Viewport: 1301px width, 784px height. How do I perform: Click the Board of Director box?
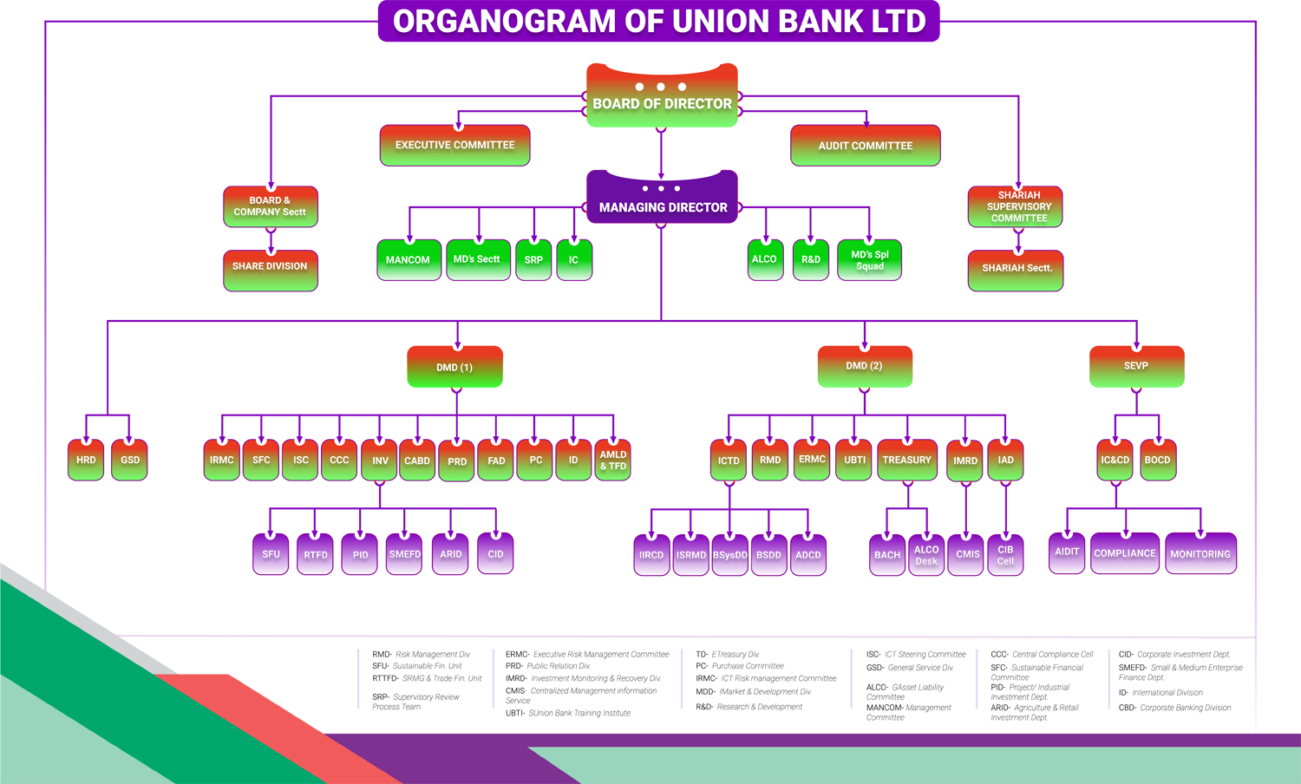(662, 104)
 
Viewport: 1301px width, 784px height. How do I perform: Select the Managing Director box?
(663, 207)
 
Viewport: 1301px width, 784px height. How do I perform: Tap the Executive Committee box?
(454, 145)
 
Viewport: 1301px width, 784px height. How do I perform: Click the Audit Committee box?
(865, 146)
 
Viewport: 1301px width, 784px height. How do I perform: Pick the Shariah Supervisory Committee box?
(1016, 207)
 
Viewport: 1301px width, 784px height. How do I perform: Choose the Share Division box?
(270, 266)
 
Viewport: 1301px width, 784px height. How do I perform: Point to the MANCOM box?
(408, 259)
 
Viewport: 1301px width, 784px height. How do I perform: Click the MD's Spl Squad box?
(869, 260)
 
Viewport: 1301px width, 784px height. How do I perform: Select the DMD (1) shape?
(454, 368)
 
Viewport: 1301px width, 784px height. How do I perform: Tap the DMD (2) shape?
(864, 366)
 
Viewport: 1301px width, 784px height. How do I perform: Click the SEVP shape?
(1135, 366)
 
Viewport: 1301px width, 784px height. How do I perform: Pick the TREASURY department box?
(906, 460)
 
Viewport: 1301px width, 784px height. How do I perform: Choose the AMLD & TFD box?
(613, 461)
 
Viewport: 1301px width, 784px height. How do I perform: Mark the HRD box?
(86, 460)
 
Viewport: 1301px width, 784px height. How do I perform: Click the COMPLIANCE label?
(1124, 553)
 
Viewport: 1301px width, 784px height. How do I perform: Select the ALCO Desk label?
(926, 555)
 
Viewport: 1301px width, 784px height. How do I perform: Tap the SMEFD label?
(405, 554)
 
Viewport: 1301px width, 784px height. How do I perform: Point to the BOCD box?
(1157, 460)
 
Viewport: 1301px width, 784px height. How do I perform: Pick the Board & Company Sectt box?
(270, 206)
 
